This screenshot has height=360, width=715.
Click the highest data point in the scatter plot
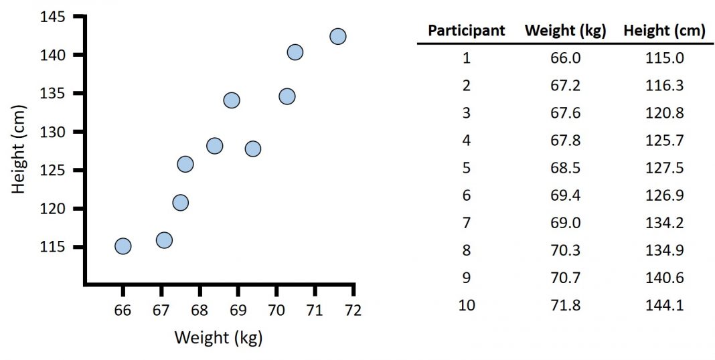(x=338, y=36)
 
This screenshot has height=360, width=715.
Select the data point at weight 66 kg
(x=123, y=246)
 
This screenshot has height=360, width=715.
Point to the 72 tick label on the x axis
(x=353, y=310)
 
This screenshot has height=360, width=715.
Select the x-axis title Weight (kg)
(x=218, y=338)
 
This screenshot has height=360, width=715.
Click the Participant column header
(x=467, y=31)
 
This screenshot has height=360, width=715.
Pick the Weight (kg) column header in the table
(x=565, y=31)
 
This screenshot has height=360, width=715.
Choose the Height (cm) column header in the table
(x=664, y=31)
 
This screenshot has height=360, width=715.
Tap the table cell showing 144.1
(x=664, y=305)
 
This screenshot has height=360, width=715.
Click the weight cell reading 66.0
(x=565, y=58)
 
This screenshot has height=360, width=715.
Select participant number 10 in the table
(x=467, y=305)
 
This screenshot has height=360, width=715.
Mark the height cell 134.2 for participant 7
(x=664, y=223)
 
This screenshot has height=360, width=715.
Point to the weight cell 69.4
(x=565, y=195)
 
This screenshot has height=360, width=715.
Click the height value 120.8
(x=664, y=113)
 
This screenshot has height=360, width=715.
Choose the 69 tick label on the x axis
(x=238, y=310)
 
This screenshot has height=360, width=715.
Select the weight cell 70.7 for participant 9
(x=565, y=278)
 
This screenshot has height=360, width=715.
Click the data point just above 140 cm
(x=295, y=52)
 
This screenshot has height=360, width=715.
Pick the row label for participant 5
(x=467, y=168)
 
